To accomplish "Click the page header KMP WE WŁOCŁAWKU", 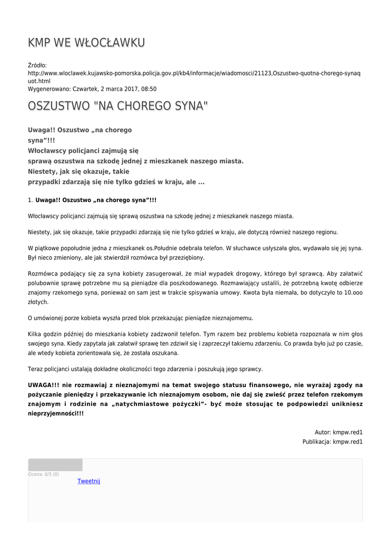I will coord(86,43).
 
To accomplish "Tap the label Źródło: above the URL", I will coord(37,65).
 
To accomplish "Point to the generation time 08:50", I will coord(149,88).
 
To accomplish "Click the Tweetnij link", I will coord(89,481).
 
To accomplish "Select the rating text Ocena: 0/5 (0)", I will coord(44,474).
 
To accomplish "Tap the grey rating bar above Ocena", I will coord(55,465).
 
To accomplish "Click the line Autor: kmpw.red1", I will coord(339,432).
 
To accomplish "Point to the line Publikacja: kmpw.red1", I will coord(332,442).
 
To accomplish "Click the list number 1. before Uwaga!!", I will coord(30,200).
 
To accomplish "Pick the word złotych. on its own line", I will coord(38,302).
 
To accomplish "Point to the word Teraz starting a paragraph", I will coord(36,369).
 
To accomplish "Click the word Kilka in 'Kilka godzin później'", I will coord(35,334).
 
